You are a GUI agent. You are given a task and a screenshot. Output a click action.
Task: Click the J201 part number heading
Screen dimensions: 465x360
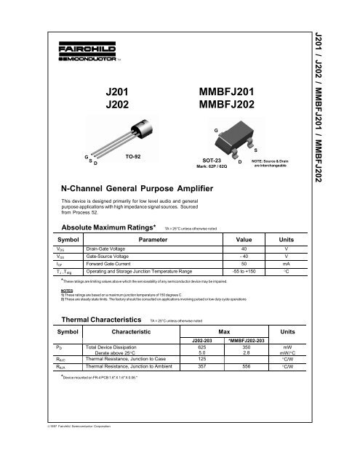(117, 94)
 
